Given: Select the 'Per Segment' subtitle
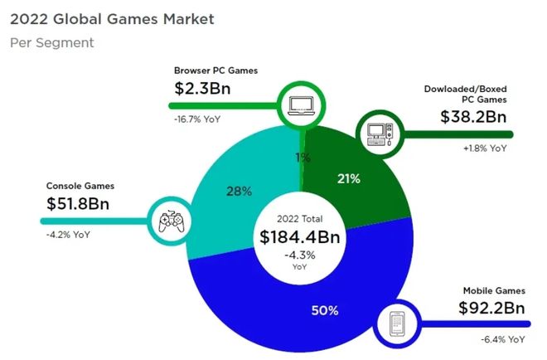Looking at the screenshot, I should point(51,42).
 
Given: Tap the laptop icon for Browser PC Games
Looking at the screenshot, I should point(298,105).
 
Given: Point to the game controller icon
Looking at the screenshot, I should point(168,221).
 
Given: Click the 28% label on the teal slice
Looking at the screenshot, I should point(239,191).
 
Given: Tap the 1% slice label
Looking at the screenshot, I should point(303,158).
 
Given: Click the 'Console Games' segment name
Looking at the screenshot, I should point(79,186).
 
